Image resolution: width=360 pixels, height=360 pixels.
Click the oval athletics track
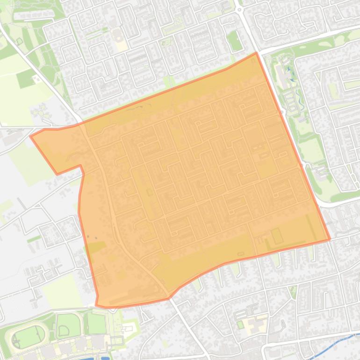(x=28, y=336)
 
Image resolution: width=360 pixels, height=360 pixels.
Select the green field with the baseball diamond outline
(x=68, y=325)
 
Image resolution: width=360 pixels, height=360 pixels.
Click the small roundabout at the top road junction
(x=240, y=9)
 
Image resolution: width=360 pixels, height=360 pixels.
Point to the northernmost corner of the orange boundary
(x=256, y=53)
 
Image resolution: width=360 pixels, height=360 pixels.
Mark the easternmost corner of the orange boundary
(x=330, y=239)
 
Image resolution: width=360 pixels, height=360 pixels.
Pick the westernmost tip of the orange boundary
(x=31, y=136)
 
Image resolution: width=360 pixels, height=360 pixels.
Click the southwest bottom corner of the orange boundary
(x=97, y=305)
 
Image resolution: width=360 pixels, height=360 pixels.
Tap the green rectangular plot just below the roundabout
(x=234, y=41)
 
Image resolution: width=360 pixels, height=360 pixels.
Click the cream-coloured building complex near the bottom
(x=255, y=323)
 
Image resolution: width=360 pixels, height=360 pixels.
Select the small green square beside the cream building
(x=240, y=324)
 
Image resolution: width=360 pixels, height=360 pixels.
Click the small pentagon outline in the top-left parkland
(x=19, y=41)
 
